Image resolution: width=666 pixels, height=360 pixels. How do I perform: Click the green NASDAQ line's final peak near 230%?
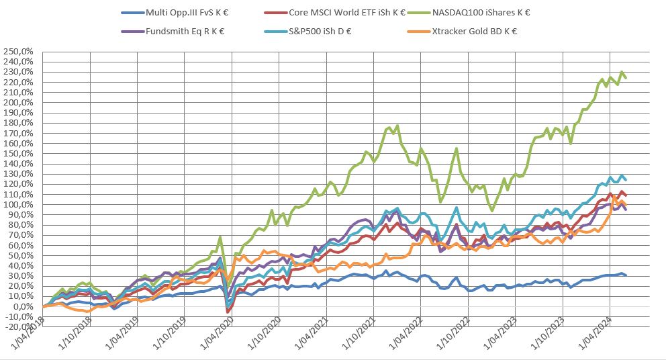[x=622, y=72]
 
